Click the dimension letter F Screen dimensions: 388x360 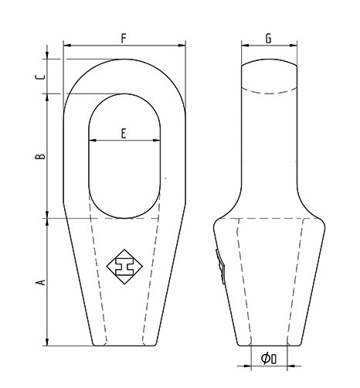coord(124,37)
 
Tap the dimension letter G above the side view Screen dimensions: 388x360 coord(267,37)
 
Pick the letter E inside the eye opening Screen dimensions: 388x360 coord(124,133)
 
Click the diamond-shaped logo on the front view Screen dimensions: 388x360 coord(125,265)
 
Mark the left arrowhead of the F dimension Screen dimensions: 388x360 coord(66,46)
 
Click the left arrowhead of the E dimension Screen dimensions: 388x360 coord(91,141)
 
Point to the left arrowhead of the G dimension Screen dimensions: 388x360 coord(243,46)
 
